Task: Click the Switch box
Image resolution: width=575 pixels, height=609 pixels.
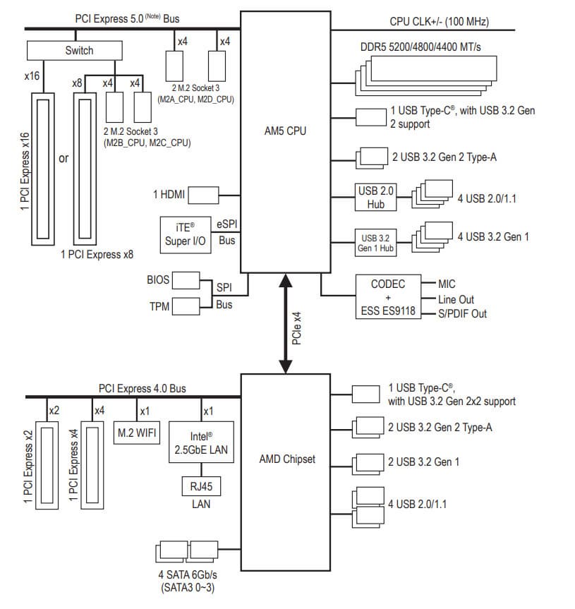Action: (x=79, y=50)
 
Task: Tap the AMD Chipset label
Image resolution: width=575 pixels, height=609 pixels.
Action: (x=287, y=459)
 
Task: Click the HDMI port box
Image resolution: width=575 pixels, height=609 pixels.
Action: (x=202, y=193)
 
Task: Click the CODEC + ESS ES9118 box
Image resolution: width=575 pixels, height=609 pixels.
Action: (x=388, y=297)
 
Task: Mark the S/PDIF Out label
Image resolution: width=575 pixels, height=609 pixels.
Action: (x=462, y=313)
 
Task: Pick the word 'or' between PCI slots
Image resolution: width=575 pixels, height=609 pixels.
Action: (x=63, y=158)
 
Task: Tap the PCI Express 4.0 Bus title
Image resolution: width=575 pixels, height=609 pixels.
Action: (x=143, y=388)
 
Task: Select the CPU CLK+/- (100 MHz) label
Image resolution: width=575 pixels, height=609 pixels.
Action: (x=439, y=22)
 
